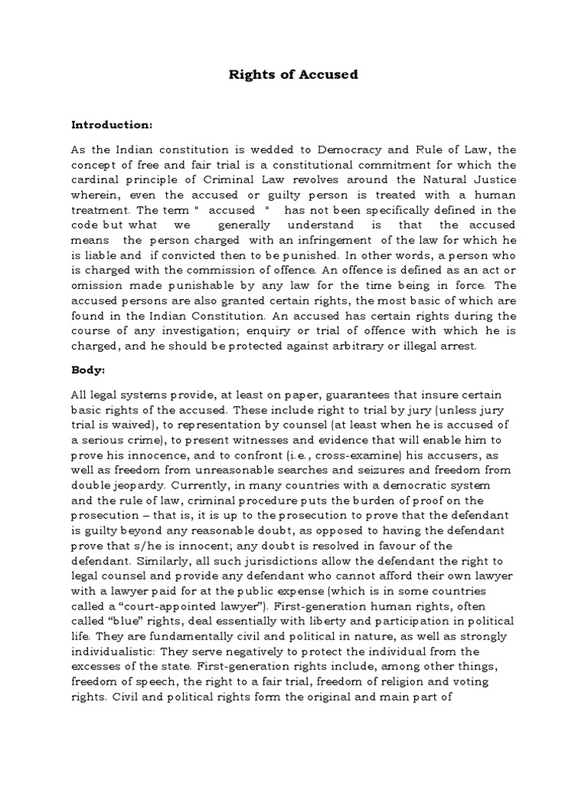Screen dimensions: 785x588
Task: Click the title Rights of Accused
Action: (x=295, y=75)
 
